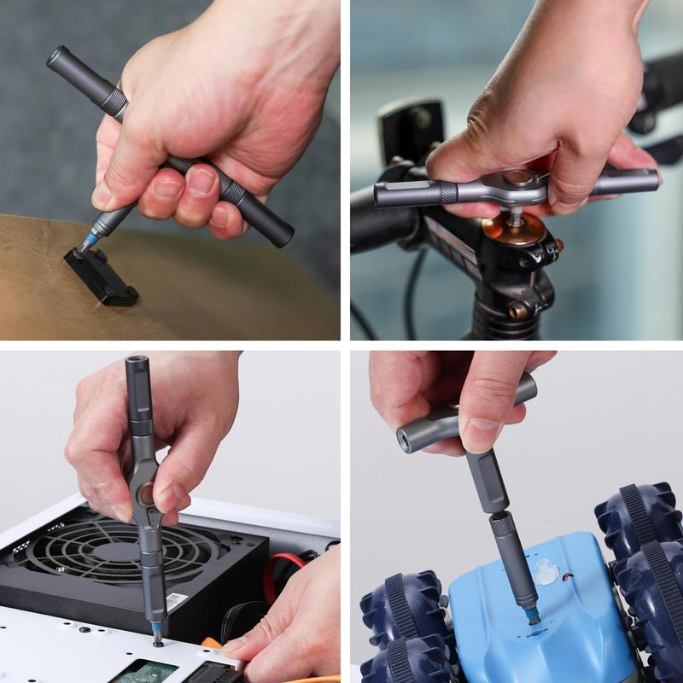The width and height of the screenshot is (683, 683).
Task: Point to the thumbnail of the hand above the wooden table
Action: [102, 196]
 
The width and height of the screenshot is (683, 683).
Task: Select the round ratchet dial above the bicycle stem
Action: [516, 180]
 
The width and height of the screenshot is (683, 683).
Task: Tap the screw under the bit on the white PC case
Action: [158, 642]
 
